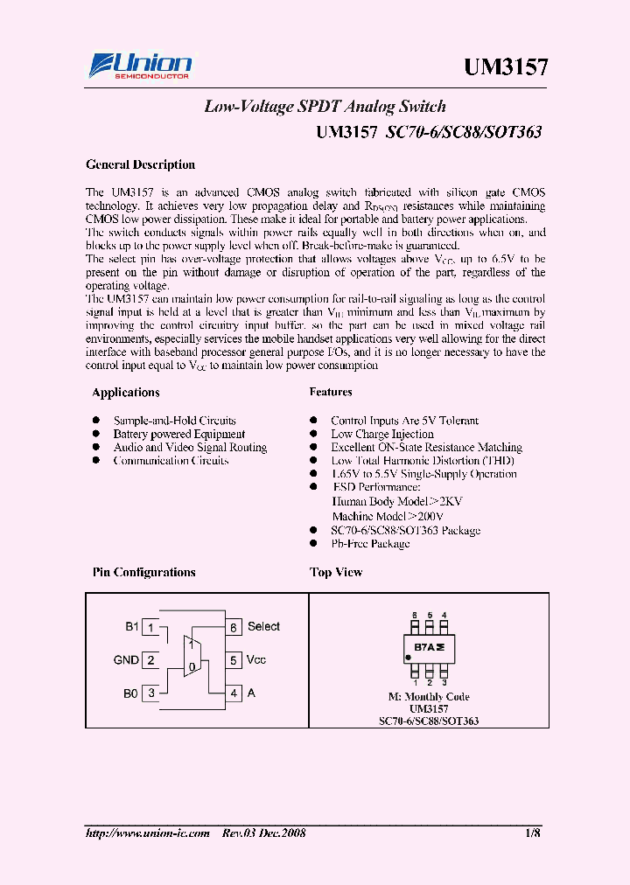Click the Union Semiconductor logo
[140, 66]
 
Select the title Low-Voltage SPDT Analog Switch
[325, 107]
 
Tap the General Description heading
[140, 164]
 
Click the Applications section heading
[126, 393]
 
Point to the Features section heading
[331, 393]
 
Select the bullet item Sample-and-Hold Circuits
[174, 421]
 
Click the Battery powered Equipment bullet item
[178, 434]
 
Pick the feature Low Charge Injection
[381, 434]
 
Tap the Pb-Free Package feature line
[369, 543]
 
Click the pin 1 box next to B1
[151, 627]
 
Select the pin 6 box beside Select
[234, 627]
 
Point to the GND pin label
[126, 660]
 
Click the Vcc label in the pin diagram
[256, 660]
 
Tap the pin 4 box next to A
[234, 693]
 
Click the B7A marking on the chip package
[429, 648]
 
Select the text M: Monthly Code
[429, 697]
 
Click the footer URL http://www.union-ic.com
[148, 833]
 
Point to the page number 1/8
[533, 833]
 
